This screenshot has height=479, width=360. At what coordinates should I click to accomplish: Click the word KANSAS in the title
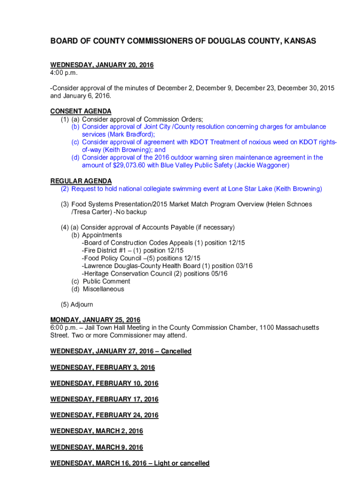pos(298,42)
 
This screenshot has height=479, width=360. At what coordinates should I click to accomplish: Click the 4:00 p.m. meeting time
pos(64,73)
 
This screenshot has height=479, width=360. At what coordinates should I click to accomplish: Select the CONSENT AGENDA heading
pos(81,111)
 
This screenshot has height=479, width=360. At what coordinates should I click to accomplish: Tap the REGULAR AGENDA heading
pos(81,181)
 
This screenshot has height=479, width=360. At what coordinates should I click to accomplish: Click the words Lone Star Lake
pos(250,189)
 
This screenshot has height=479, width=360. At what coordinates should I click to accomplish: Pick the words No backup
pos(133,212)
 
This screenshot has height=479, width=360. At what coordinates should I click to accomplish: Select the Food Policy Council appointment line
pos(141,258)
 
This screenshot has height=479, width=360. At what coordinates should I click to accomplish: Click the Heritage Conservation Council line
pos(154,274)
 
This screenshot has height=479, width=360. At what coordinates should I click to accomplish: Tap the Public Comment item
pos(107,282)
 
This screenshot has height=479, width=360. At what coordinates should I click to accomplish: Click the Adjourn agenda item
pos(81,305)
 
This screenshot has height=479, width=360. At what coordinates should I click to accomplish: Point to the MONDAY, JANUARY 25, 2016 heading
pos(95,320)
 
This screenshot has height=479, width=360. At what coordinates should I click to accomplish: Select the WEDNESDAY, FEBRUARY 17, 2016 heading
pos(104,399)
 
